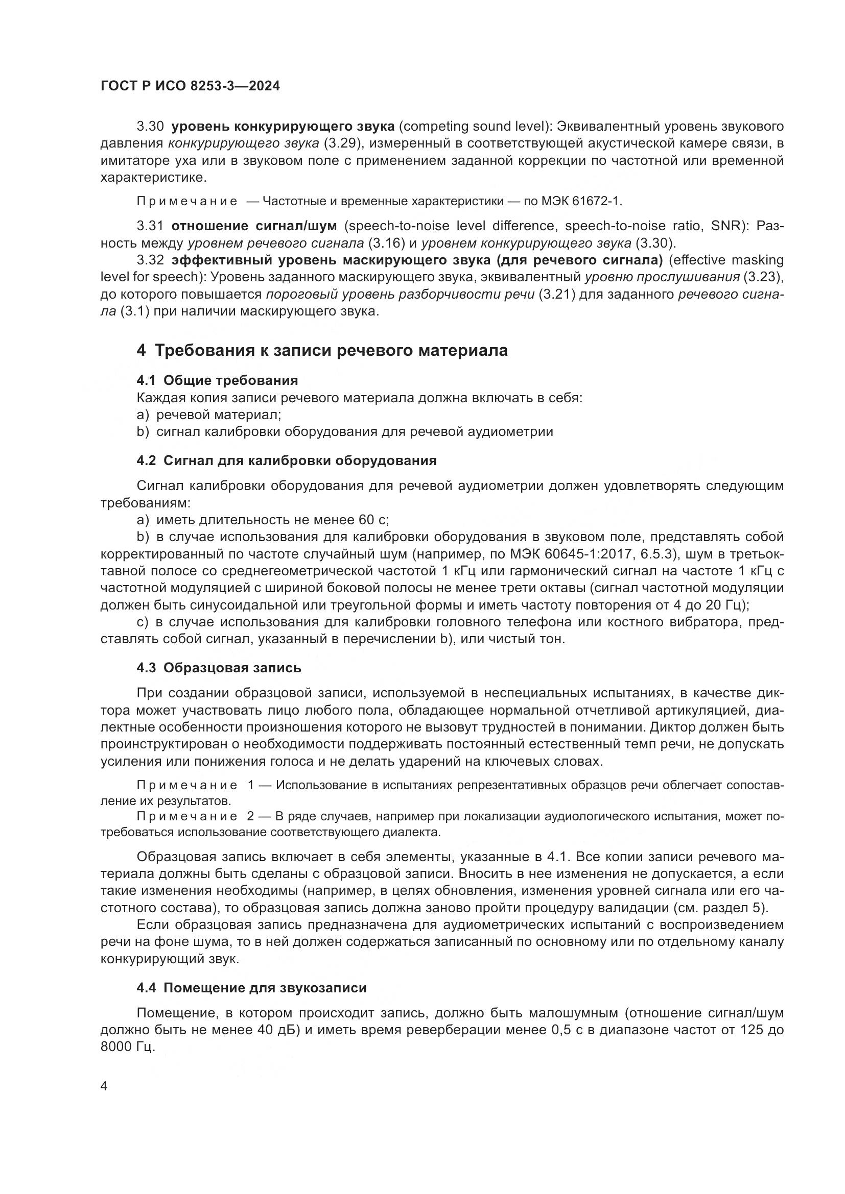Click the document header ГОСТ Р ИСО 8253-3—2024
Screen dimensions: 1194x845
[x=190, y=86]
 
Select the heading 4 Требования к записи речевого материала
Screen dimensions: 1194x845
[x=322, y=351]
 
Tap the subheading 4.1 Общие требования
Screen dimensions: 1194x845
[x=217, y=380]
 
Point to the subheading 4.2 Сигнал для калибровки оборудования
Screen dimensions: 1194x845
[x=286, y=460]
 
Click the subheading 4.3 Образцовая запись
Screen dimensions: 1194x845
[x=219, y=668]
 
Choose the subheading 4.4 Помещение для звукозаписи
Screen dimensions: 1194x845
[x=251, y=988]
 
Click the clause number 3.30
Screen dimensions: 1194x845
[x=150, y=127]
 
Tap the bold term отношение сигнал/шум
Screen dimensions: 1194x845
[x=254, y=226]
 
